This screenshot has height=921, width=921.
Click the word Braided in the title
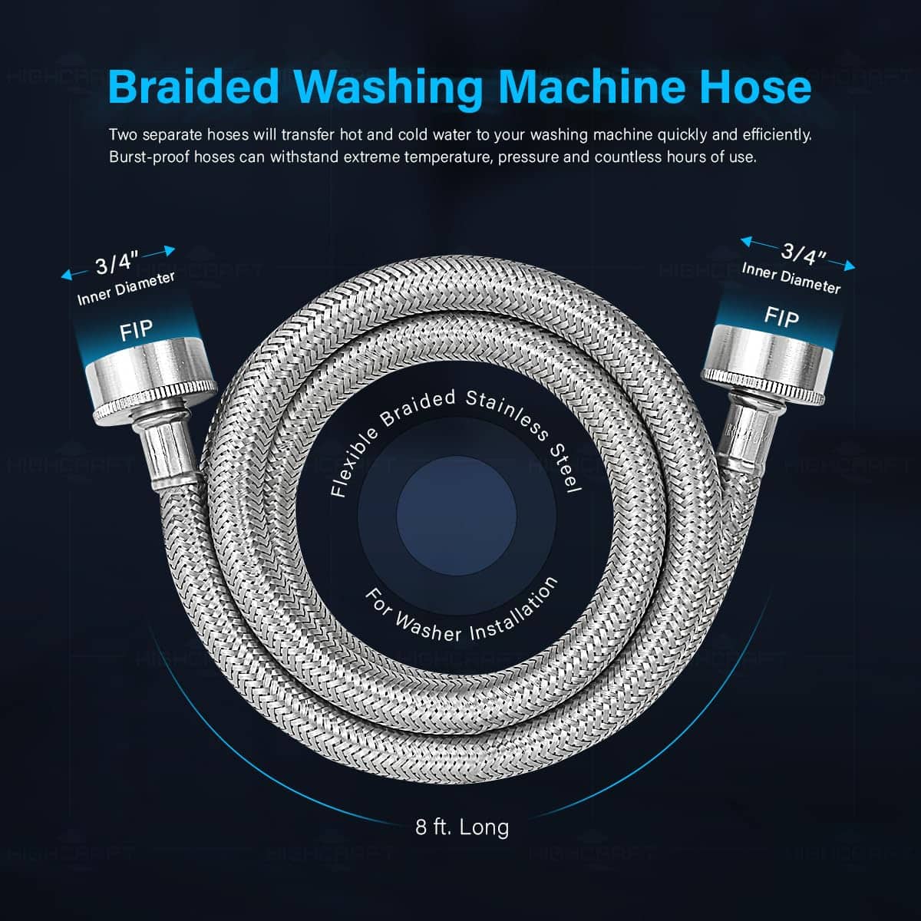pos(193,87)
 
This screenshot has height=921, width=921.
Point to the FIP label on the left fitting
pos(136,330)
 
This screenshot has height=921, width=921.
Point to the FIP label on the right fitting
pos(781,317)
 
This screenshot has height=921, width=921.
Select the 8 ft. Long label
pos(462,827)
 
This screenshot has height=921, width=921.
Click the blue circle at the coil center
pos(457,516)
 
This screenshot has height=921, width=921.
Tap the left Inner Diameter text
pos(126,289)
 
